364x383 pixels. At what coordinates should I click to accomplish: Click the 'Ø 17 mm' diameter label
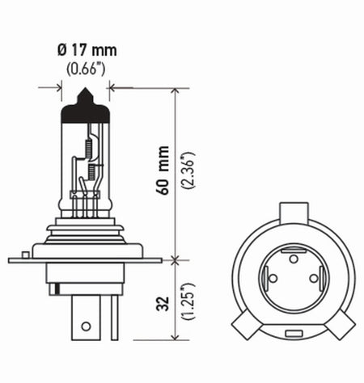click(x=87, y=53)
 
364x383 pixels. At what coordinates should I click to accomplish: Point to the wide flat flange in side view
click(x=87, y=260)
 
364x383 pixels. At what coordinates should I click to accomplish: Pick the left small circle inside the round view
click(x=273, y=279)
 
